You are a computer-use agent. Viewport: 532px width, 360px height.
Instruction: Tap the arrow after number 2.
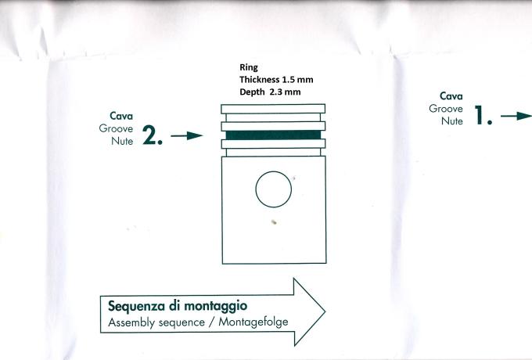click(x=187, y=135)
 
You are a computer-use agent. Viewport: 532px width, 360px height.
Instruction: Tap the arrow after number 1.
click(x=516, y=116)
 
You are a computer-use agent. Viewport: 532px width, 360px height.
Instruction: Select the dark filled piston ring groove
click(x=273, y=135)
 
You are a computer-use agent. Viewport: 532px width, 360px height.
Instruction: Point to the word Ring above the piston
click(x=249, y=67)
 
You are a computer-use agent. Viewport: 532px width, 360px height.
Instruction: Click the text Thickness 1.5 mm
click(x=276, y=79)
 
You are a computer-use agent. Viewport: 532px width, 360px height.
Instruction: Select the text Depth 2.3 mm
click(x=270, y=92)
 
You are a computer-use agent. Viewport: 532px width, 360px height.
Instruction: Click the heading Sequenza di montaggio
click(x=178, y=306)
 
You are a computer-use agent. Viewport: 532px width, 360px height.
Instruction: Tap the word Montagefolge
click(x=253, y=322)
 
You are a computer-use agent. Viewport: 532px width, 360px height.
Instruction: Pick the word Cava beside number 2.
click(x=121, y=116)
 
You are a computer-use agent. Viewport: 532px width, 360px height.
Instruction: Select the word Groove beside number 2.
click(x=116, y=128)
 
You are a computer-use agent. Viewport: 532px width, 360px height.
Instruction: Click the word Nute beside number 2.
click(x=122, y=141)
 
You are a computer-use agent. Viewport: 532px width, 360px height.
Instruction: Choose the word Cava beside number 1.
click(x=451, y=96)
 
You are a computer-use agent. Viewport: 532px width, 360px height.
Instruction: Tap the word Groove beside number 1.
click(x=446, y=109)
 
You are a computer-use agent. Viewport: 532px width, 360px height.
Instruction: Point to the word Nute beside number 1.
click(x=452, y=121)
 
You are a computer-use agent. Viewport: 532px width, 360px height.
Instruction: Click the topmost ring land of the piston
click(x=273, y=109)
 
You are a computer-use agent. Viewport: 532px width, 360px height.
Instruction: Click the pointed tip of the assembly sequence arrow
click(x=325, y=311)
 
